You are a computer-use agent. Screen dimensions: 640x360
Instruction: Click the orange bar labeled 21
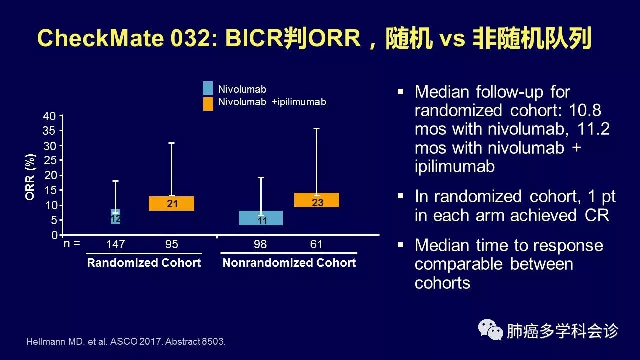tap(171, 203)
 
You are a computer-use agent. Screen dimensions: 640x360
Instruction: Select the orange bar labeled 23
tap(317, 200)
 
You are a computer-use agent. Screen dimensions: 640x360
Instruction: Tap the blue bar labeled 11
tap(261, 218)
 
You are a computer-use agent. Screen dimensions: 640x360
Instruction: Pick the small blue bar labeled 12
tap(115, 217)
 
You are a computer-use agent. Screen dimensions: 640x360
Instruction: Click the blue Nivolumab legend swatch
tap(208, 88)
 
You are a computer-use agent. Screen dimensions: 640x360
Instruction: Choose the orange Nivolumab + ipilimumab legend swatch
tap(208, 104)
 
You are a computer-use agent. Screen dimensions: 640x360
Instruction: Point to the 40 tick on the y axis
tap(49, 116)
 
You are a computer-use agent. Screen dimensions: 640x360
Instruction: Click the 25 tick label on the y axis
tap(50, 160)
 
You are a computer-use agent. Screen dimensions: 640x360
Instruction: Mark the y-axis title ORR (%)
tap(30, 177)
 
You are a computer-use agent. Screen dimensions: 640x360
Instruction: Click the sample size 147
tap(115, 244)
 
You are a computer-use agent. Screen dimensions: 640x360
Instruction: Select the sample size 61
tap(316, 244)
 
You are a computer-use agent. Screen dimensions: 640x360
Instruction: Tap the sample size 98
tap(260, 244)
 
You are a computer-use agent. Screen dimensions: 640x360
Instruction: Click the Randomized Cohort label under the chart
tap(144, 263)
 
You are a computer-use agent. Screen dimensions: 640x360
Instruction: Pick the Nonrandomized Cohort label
tap(289, 263)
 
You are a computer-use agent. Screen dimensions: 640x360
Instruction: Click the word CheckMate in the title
tap(100, 38)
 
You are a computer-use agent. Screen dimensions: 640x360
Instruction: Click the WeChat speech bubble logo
tap(491, 330)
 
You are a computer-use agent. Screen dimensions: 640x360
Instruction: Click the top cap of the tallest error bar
tap(316, 129)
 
